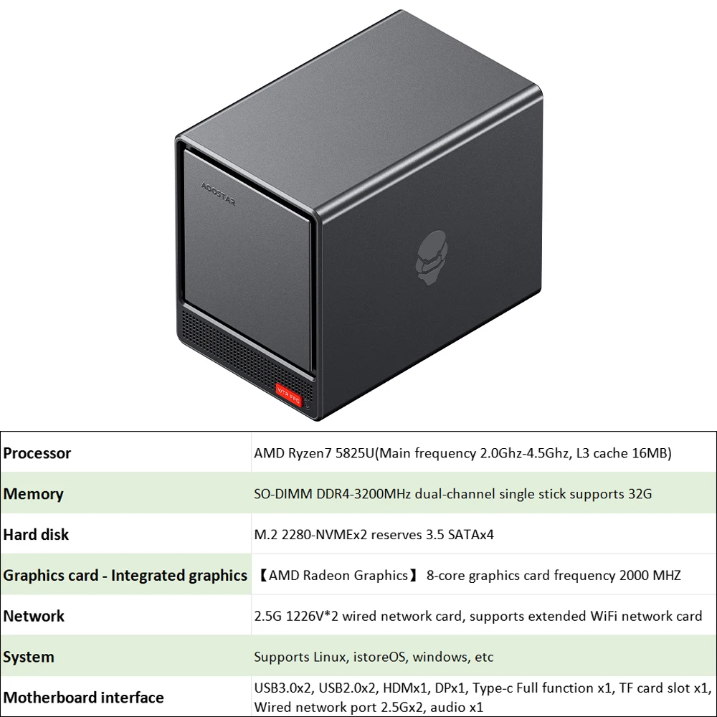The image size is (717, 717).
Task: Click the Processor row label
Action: point(37,453)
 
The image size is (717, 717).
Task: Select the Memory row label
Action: point(34,494)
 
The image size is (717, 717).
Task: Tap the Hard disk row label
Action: point(37,535)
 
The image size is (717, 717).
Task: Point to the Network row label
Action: point(34,616)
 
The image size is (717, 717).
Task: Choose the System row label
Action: point(29,657)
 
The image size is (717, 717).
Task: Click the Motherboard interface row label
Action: point(84,698)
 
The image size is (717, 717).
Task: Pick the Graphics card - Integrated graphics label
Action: point(125,576)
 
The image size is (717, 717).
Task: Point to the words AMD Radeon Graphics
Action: point(338,576)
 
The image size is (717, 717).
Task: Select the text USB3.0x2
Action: point(283,688)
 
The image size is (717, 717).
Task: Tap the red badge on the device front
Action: point(289,395)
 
